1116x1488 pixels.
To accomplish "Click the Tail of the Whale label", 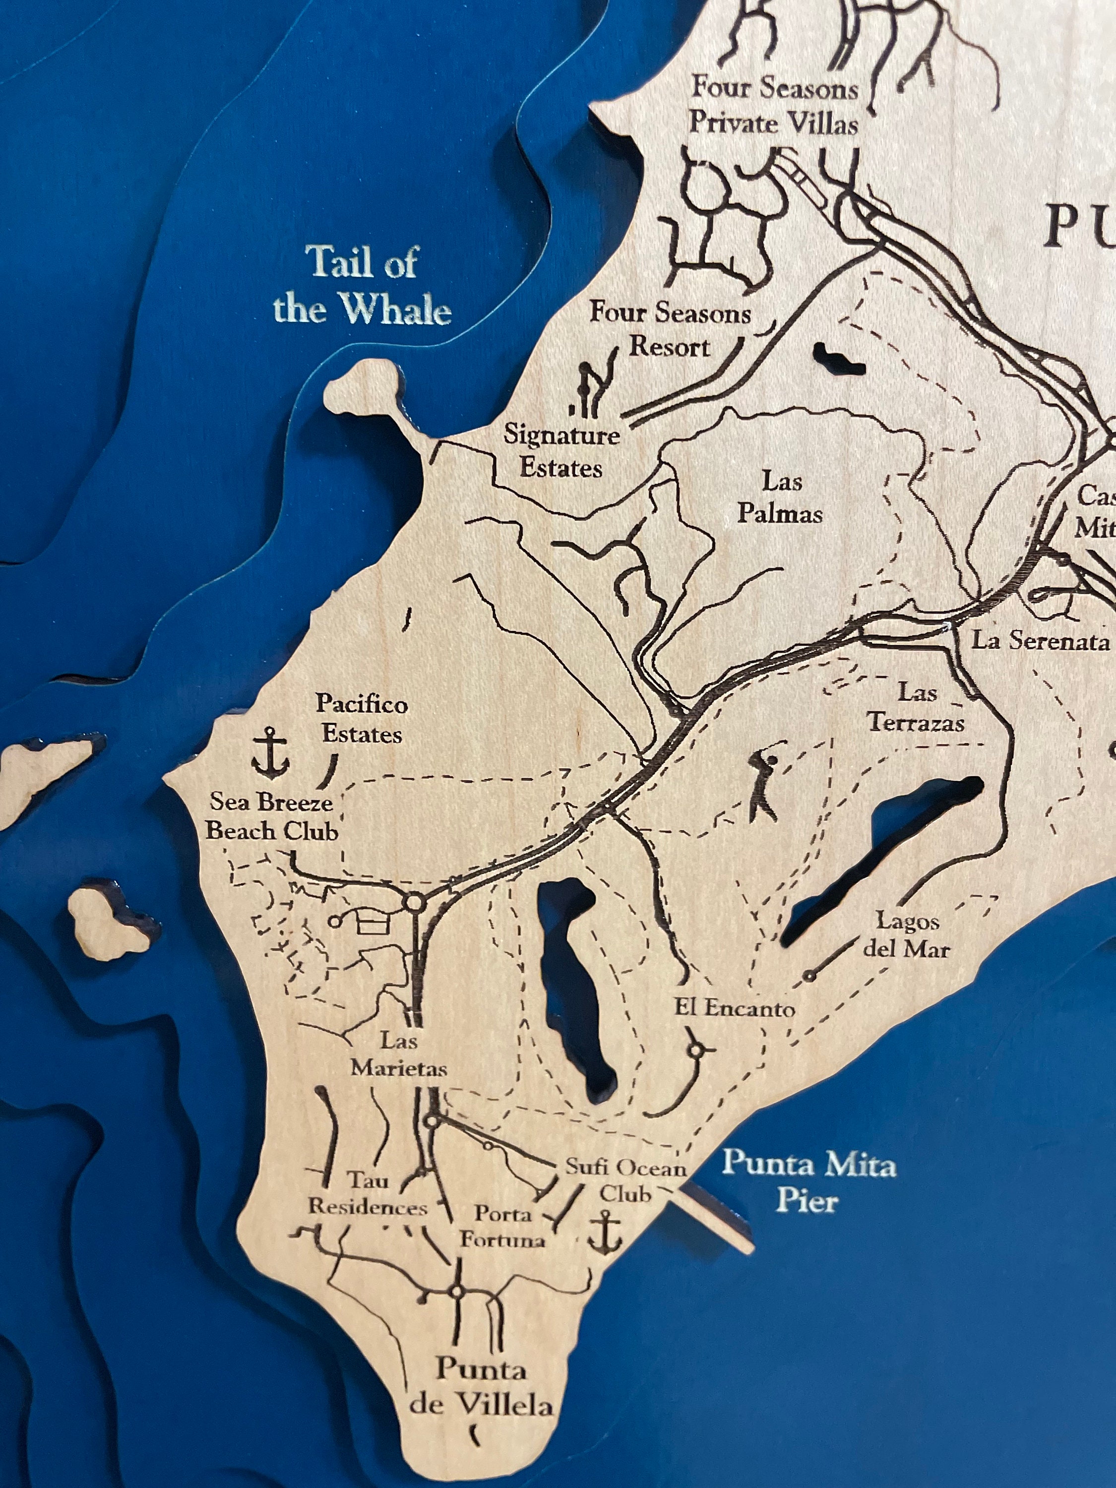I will (362, 285).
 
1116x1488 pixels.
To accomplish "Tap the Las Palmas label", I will (780, 498).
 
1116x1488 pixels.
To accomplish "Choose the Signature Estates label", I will (561, 451).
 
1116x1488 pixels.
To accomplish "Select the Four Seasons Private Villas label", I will (774, 106).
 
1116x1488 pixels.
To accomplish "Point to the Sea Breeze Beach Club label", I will (272, 816).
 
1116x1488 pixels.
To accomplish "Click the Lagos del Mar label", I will (906, 935).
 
